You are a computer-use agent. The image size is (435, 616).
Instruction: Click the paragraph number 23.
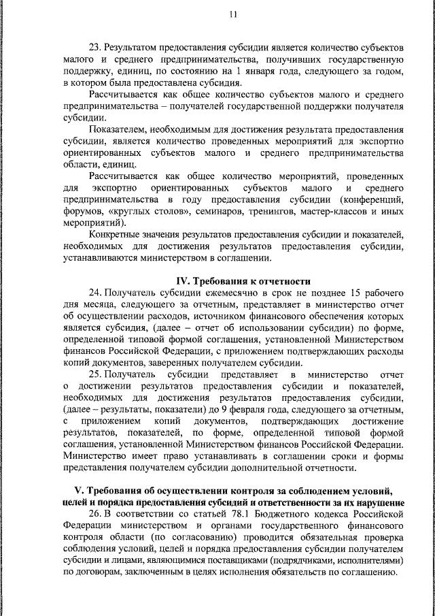click(95, 48)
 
